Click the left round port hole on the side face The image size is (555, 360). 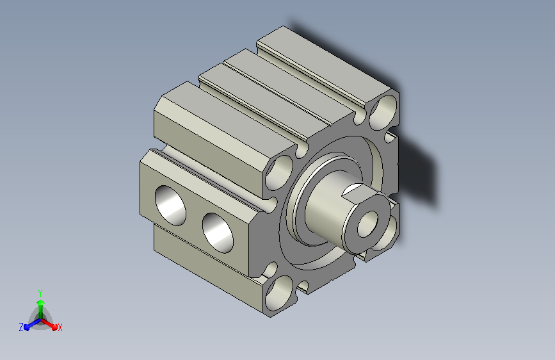click(170, 205)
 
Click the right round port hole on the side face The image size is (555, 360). click(218, 233)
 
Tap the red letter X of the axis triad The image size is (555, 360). click(60, 327)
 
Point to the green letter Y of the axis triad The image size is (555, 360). click(40, 293)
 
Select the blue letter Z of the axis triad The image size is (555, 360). click(21, 327)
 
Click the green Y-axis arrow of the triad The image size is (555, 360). click(41, 309)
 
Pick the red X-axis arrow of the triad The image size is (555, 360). click(49, 324)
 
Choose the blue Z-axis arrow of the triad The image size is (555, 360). click(33, 324)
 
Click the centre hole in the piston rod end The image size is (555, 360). click(367, 224)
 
